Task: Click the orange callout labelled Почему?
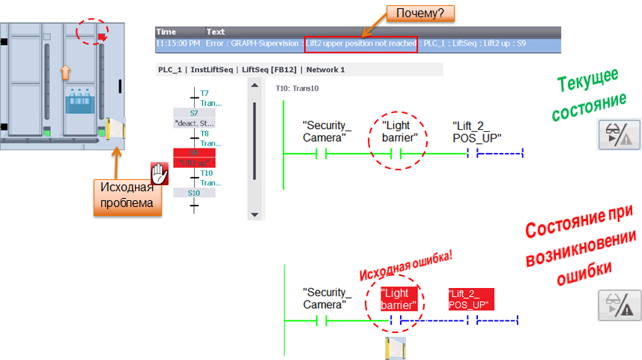(420, 13)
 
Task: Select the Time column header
(166, 32)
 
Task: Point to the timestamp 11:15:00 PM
(179, 43)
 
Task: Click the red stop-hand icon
(159, 174)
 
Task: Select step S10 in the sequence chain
(194, 193)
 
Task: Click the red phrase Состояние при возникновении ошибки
(581, 247)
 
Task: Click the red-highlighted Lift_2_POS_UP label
(469, 299)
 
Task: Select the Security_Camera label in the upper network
(327, 131)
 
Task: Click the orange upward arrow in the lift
(65, 71)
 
